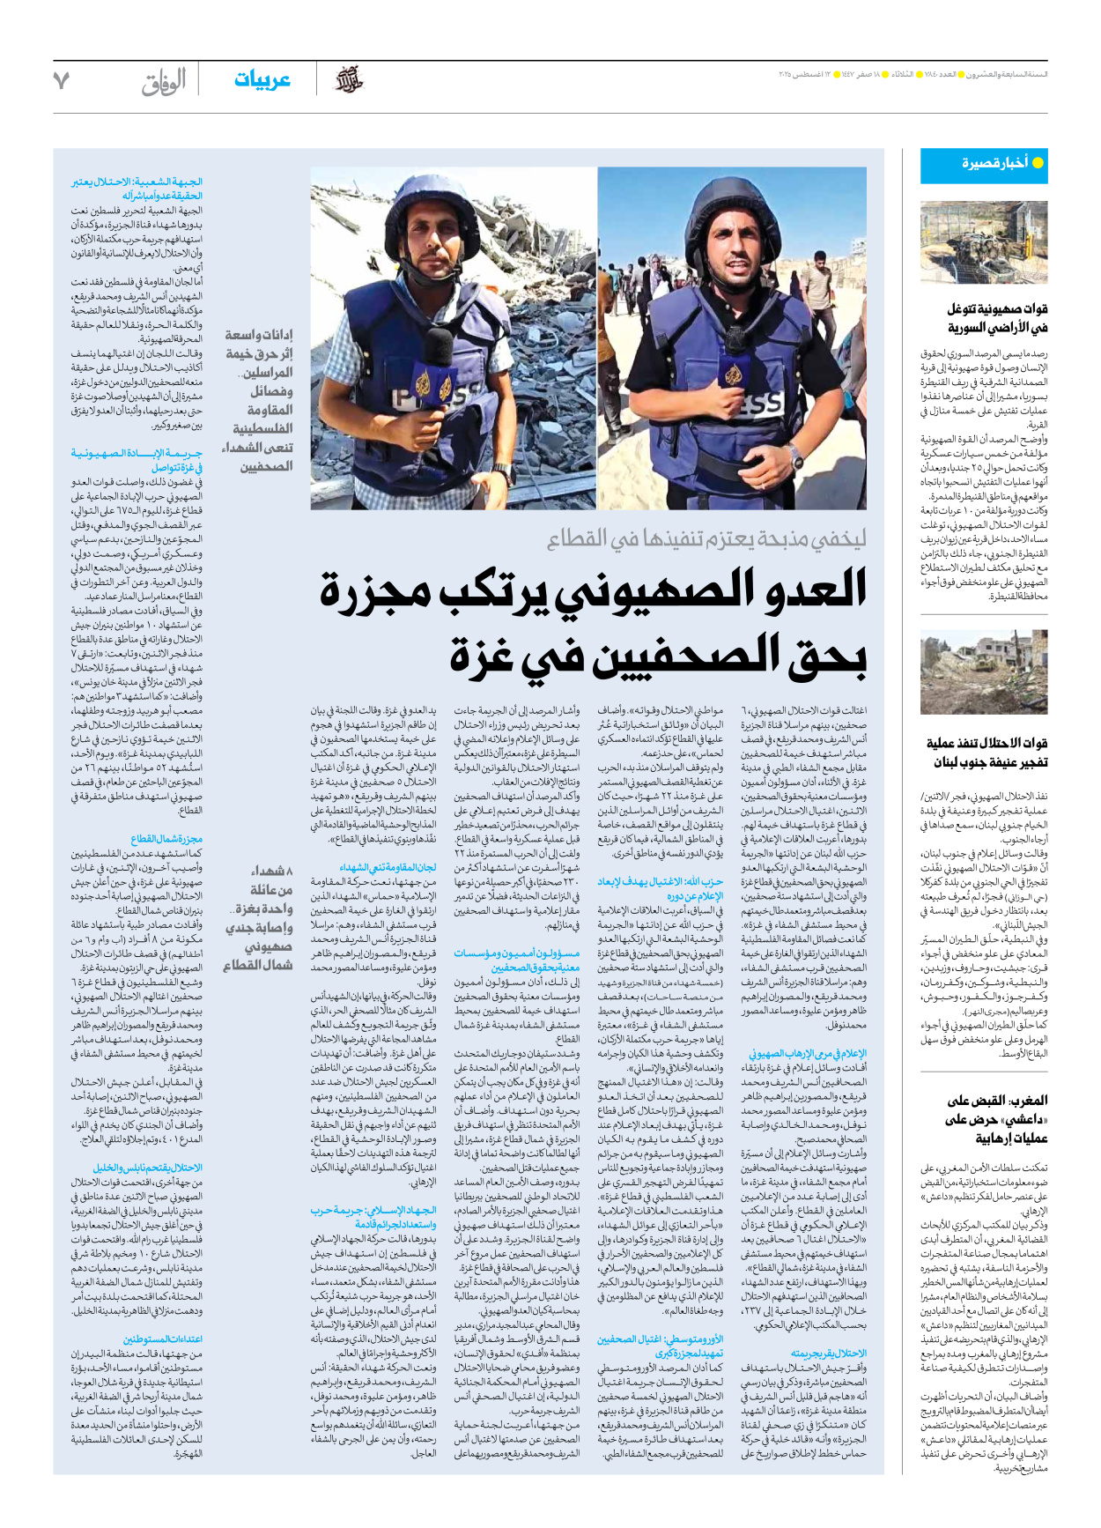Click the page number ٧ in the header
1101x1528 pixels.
pos(62,80)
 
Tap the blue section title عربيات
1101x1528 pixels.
pos(262,80)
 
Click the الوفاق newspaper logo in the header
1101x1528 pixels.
pos(164,82)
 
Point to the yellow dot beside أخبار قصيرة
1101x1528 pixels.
pos(1037,163)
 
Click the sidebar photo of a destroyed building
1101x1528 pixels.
pos(983,672)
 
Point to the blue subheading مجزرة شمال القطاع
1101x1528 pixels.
pos(166,839)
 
